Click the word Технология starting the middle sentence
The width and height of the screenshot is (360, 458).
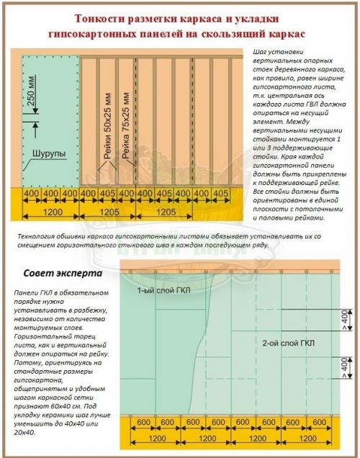pyautogui.click(x=33, y=236)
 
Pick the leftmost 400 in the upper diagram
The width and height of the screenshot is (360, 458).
pyautogui.click(x=32, y=194)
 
